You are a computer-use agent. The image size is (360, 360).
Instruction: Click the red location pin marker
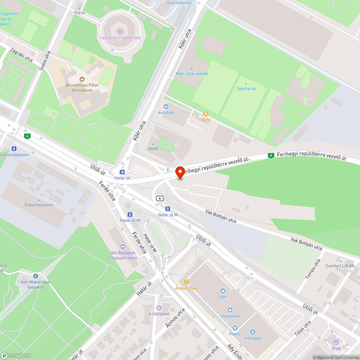[x=180, y=172]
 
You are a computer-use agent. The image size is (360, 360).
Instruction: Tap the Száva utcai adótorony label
[x=120, y=37]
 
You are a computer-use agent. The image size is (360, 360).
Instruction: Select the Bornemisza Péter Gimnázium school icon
[x=82, y=79]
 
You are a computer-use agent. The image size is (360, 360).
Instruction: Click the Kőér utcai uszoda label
[x=192, y=73]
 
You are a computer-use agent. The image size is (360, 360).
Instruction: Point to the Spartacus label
[x=246, y=89]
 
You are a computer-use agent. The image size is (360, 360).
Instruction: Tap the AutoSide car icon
[x=166, y=107]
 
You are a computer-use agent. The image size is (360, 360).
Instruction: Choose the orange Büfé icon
[x=206, y=113]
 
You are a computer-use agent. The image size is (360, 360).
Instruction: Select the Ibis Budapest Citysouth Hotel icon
[x=123, y=247]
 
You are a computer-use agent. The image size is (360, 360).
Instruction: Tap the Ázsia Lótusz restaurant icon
[x=186, y=282]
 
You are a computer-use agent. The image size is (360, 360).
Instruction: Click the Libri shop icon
[x=222, y=291]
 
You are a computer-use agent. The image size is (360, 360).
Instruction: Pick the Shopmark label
[x=230, y=316]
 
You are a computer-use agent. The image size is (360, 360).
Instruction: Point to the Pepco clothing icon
[x=235, y=328]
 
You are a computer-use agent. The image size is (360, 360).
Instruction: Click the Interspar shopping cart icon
[x=253, y=332]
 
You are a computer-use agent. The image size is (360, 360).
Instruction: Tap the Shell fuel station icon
[x=336, y=342]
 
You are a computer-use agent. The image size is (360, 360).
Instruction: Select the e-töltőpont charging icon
[x=159, y=307]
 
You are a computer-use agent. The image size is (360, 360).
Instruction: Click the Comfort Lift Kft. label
[x=340, y=266]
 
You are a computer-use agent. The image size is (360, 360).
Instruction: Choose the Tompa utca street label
[x=312, y=269]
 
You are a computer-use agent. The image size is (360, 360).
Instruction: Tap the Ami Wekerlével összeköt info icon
[x=35, y=275]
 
